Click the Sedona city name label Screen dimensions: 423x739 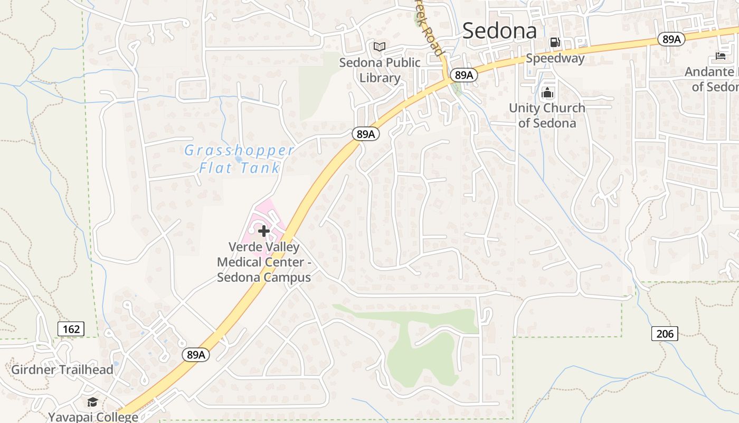[x=499, y=31]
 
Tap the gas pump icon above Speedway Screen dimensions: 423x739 [x=554, y=42]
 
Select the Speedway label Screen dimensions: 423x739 [x=555, y=58]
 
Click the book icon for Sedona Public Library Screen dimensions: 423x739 [x=380, y=47]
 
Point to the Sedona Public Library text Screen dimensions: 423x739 [x=380, y=70]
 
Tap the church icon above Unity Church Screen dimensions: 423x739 [x=547, y=93]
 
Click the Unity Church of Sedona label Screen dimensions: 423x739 [x=547, y=115]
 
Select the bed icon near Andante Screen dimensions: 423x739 [x=721, y=56]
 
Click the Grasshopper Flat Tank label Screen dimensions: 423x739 [x=239, y=159]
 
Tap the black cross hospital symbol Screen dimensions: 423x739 [x=264, y=231]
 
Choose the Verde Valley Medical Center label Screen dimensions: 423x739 [x=264, y=262]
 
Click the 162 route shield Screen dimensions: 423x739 [x=71, y=329]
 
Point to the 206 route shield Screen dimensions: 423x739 [x=665, y=334]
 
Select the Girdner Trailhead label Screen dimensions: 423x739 [x=62, y=370]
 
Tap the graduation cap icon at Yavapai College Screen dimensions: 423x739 [x=93, y=402]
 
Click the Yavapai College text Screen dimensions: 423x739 [x=93, y=417]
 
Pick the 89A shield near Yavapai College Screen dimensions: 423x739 [x=196, y=355]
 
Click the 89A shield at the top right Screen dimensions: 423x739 [x=671, y=39]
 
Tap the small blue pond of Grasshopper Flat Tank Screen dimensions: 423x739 [x=238, y=158]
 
